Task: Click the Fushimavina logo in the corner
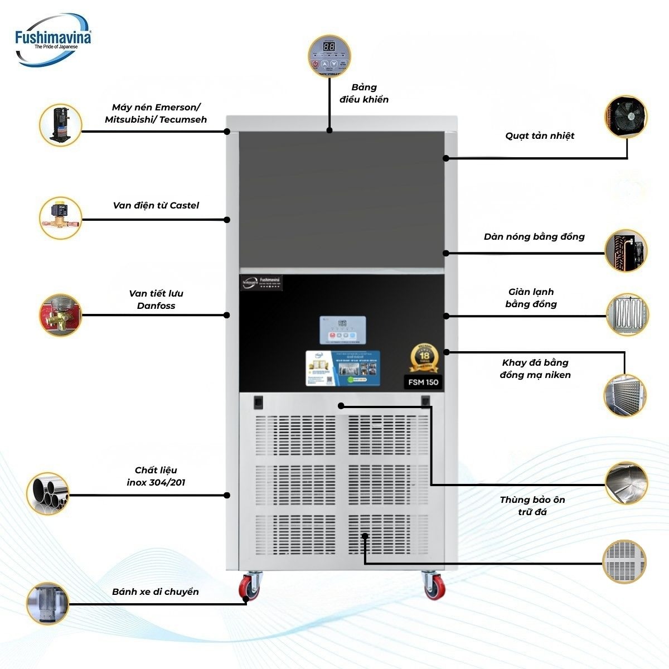(x=54, y=40)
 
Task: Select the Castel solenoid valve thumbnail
(x=61, y=218)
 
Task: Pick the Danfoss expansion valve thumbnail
(x=60, y=314)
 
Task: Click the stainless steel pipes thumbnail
(x=49, y=494)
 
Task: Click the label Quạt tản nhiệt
(x=540, y=135)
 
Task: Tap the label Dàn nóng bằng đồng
(x=534, y=236)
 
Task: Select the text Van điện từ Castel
(x=156, y=205)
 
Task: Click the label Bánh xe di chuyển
(x=155, y=592)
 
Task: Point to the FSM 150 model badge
(x=423, y=382)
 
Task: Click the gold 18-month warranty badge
(x=424, y=357)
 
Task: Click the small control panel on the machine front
(x=342, y=329)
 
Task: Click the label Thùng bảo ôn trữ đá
(x=532, y=505)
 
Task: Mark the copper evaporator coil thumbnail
(x=627, y=314)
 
